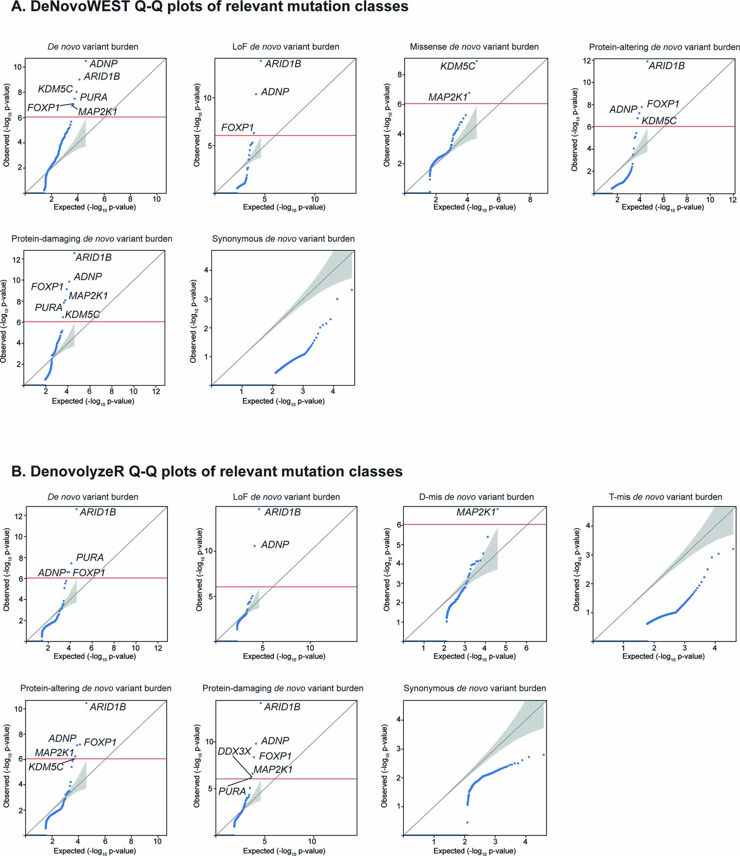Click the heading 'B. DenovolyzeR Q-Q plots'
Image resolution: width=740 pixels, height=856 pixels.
tap(207, 471)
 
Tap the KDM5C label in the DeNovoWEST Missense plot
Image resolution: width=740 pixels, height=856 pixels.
tap(457, 66)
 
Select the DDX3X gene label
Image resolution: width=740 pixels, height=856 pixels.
tap(234, 751)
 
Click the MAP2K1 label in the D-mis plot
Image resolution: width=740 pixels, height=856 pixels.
tap(475, 512)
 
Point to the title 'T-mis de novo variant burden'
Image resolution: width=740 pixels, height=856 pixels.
tap(665, 497)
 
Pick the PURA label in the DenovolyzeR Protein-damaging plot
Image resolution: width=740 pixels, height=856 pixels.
tap(232, 791)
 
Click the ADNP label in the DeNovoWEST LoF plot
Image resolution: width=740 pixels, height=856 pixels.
tap(275, 92)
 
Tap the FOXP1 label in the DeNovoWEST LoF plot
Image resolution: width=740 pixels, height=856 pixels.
tap(237, 128)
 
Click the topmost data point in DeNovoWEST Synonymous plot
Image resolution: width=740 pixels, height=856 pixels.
tap(352, 290)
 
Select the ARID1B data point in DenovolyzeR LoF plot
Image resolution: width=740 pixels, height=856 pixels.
tap(259, 509)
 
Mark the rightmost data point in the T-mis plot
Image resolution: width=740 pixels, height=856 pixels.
tap(733, 548)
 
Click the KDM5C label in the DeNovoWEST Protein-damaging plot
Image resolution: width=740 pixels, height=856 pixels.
tap(82, 314)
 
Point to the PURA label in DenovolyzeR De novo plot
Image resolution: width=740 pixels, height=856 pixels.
tap(90, 557)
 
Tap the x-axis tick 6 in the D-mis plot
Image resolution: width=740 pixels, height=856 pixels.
tap(526, 648)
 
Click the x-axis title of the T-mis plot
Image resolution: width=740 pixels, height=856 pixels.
tap(663, 656)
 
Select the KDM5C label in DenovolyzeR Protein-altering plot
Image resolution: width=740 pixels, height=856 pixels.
tap(46, 767)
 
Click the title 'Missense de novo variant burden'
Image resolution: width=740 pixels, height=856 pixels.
tap(474, 47)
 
